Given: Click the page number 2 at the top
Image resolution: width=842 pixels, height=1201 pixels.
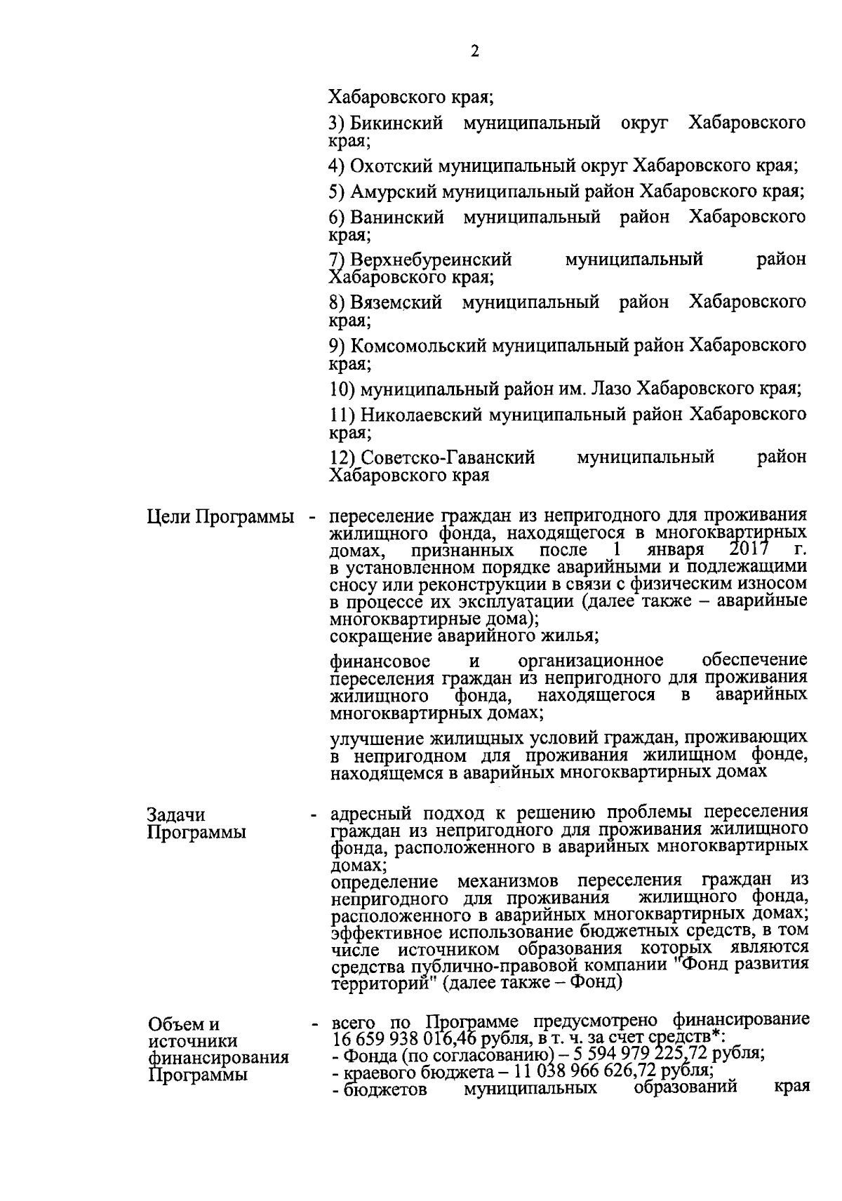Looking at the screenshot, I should [x=474, y=52].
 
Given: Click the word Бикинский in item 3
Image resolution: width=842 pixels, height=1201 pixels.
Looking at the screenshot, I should [x=396, y=124].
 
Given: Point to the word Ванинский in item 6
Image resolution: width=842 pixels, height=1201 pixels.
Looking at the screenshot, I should [x=397, y=217].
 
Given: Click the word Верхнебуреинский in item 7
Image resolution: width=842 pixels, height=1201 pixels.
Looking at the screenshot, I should [x=431, y=260].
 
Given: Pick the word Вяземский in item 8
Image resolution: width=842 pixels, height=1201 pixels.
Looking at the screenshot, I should [x=396, y=302].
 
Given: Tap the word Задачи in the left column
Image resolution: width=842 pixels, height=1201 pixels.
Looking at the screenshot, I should [x=176, y=815].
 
